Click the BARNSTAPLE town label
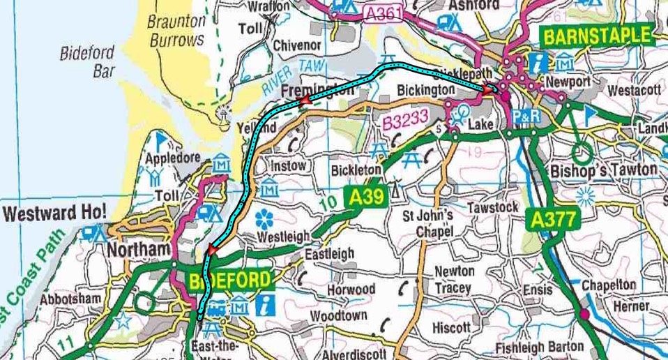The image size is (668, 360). [x=596, y=36]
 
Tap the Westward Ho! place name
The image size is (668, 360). [x=54, y=212]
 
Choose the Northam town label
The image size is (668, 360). [x=139, y=250]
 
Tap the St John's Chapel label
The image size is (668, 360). [x=428, y=223]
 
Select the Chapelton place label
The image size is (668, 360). [x=609, y=285]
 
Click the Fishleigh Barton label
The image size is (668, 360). [x=540, y=347]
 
